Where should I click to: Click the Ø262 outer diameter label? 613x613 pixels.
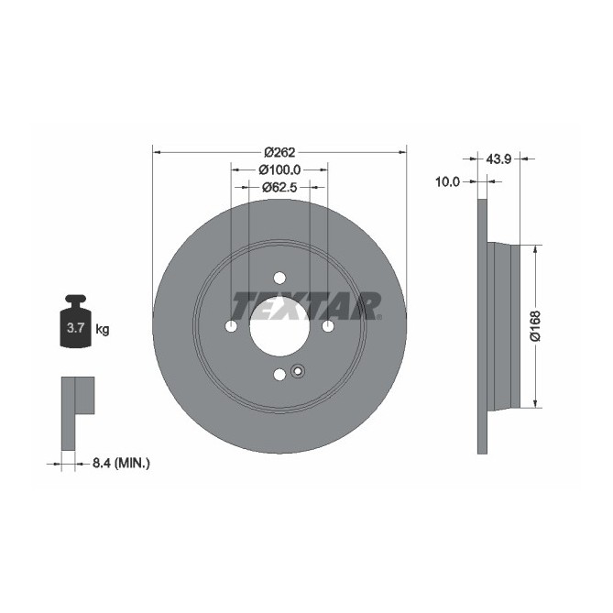[x=279, y=153]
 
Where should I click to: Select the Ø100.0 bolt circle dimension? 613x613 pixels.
[x=279, y=170]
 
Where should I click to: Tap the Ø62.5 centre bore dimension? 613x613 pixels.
[x=279, y=187]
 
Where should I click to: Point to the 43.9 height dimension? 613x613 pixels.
[x=498, y=159]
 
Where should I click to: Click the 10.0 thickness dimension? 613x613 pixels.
[x=446, y=182]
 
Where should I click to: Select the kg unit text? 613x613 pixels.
[x=103, y=329]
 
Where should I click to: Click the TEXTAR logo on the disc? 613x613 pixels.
[x=305, y=304]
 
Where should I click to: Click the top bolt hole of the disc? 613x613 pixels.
[x=279, y=279]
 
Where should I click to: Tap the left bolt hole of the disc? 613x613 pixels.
[x=231, y=326]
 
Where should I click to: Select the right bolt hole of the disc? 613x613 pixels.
[x=328, y=326]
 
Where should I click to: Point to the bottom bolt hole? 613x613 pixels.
[x=279, y=374]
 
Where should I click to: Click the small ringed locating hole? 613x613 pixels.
[x=297, y=371]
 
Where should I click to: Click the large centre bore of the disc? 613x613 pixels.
[x=279, y=326]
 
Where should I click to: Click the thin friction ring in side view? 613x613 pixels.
[x=482, y=326]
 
